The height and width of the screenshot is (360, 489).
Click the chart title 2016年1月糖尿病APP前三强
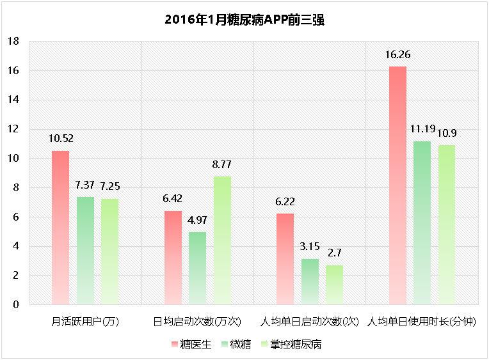click(x=245, y=20)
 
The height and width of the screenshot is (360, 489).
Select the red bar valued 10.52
click(x=60, y=227)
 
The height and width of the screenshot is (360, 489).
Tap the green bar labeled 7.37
click(x=85, y=250)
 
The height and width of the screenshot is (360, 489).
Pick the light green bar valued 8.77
click(x=222, y=240)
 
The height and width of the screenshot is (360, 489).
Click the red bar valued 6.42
click(x=173, y=257)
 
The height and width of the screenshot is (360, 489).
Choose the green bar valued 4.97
click(x=197, y=268)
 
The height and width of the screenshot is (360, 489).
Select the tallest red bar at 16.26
click(x=397, y=185)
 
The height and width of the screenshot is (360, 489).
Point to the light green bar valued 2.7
click(x=334, y=285)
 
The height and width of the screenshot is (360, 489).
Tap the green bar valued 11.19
click(x=422, y=223)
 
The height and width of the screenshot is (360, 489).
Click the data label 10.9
click(x=447, y=133)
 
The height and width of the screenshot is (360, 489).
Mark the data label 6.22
click(x=285, y=201)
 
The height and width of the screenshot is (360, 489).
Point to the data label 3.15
click(x=309, y=246)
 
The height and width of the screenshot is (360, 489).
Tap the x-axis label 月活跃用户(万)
click(x=85, y=320)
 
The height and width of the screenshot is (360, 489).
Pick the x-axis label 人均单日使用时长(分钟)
click(x=422, y=320)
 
